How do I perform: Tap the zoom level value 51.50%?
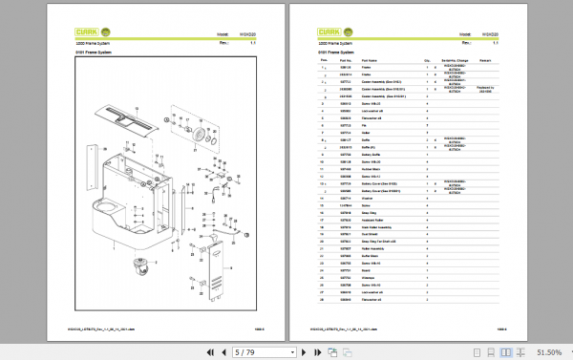pyautogui.click(x=547, y=352)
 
